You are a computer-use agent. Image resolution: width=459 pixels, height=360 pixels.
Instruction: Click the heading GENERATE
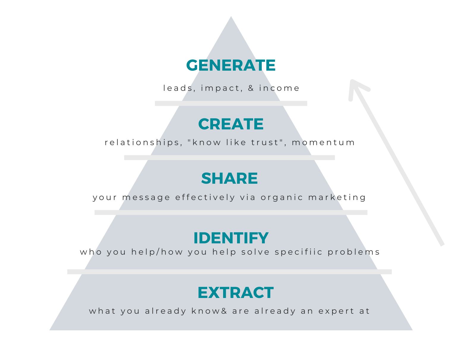pos(231,65)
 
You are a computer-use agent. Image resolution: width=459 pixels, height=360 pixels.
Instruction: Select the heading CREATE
pos(231,124)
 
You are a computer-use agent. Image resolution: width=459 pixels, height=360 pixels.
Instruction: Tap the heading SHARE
pos(229,178)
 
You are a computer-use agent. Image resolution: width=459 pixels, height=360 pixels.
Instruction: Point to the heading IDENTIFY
pos(231,238)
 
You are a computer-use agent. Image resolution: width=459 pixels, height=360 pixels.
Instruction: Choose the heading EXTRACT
pos(235,293)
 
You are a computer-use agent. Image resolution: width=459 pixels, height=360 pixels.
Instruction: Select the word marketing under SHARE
pos(337,198)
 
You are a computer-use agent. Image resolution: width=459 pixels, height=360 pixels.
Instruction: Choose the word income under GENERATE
pos(279,88)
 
